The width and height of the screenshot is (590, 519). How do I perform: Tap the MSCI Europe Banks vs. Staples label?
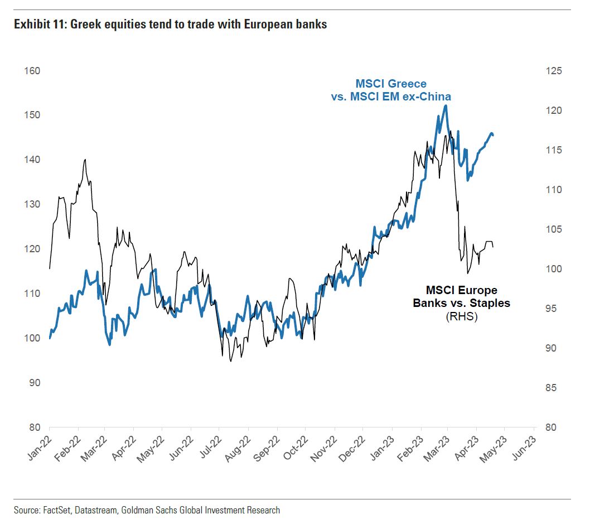(x=461, y=297)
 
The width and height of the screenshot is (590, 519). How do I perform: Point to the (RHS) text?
(x=461, y=317)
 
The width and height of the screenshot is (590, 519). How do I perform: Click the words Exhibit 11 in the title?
(x=37, y=25)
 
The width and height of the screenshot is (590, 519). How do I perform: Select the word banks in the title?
(x=312, y=25)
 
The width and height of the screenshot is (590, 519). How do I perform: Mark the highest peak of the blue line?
(x=445, y=105)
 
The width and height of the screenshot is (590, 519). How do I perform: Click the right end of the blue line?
(x=494, y=135)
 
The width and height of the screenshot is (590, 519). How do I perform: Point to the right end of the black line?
(x=493, y=246)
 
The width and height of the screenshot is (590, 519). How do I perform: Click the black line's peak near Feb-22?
(x=85, y=160)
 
